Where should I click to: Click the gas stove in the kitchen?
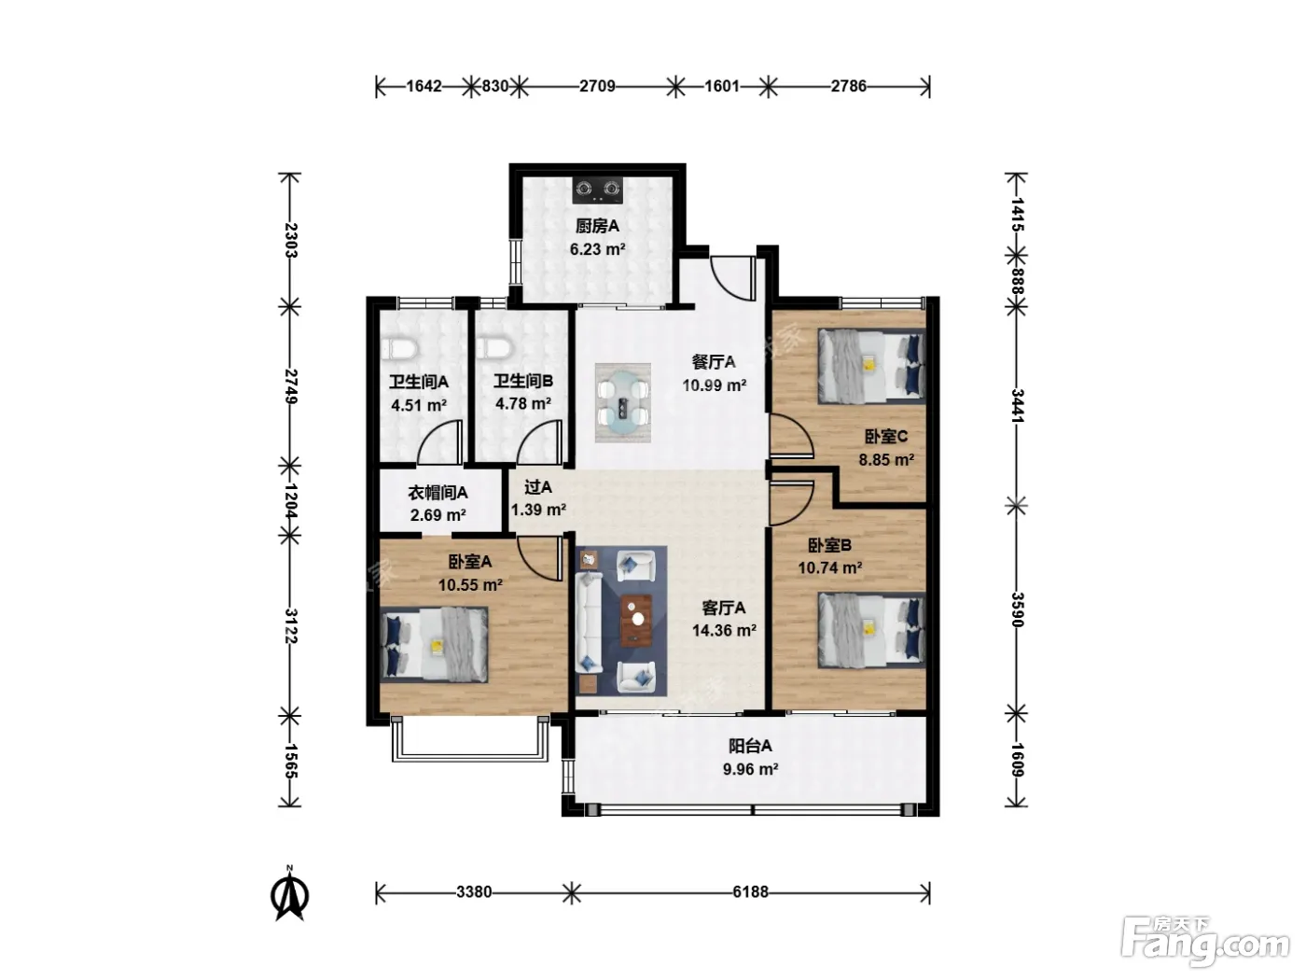597,189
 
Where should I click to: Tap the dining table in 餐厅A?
623,402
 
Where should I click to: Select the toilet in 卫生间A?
400,349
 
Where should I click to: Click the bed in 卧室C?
871,366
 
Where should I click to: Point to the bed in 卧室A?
434,644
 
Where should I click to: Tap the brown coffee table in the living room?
636,621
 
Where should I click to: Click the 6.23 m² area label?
597,249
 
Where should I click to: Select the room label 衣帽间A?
438,493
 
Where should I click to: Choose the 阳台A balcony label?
750,746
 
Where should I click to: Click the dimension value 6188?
750,892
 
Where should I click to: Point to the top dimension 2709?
597,86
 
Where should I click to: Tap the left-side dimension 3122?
290,625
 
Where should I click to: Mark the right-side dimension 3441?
1017,406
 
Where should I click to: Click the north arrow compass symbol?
290,893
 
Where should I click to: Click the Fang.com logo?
1205,945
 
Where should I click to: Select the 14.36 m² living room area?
724,630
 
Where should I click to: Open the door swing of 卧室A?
540,557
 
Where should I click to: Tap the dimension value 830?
494,86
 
